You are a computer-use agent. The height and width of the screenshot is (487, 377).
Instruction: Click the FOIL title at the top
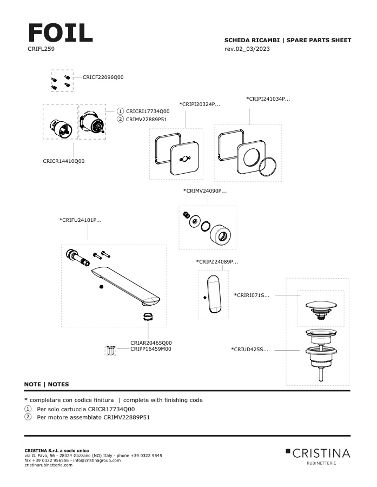pyautogui.click(x=60, y=33)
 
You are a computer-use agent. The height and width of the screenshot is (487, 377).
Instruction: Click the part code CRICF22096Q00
pyautogui.click(x=103, y=77)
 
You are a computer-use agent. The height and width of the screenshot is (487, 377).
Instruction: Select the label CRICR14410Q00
pyautogui.click(x=64, y=161)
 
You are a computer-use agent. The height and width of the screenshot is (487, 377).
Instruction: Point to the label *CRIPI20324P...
pyautogui.click(x=200, y=104)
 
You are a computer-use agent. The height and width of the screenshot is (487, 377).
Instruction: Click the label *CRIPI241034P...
pyautogui.click(x=268, y=99)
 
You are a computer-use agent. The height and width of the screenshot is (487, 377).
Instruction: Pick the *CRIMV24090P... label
pyautogui.click(x=205, y=190)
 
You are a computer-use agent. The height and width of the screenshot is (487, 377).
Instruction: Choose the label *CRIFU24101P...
pyautogui.click(x=81, y=220)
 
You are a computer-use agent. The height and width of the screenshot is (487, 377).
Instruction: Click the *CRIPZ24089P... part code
pyautogui.click(x=217, y=261)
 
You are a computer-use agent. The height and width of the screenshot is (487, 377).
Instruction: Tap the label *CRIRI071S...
pyautogui.click(x=252, y=295)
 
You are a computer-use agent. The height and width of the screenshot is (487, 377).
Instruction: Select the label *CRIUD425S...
pyautogui.click(x=250, y=350)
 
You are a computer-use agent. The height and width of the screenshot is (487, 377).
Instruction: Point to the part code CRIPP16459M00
pyautogui.click(x=151, y=350)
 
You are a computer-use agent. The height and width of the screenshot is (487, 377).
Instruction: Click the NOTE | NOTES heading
pyautogui.click(x=47, y=384)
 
